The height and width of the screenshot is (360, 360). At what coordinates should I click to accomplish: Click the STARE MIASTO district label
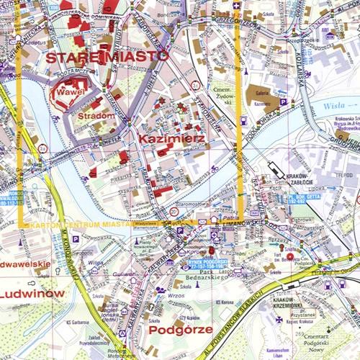point(107,56)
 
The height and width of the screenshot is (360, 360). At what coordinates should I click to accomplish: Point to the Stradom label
point(96,115)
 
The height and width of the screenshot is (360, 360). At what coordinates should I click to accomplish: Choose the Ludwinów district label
point(32,294)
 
